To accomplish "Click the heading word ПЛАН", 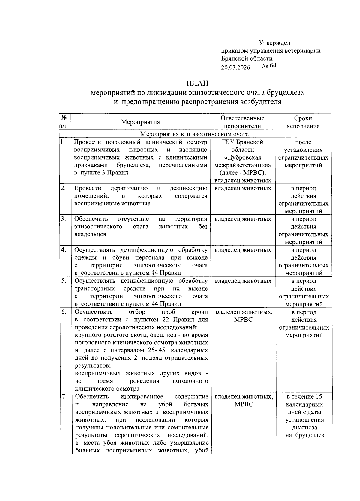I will [197, 83].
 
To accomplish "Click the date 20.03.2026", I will [236, 67].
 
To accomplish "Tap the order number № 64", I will [269, 66].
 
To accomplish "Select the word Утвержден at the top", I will [274, 43].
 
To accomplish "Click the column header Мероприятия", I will [140, 122].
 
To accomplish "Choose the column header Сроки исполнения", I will [303, 122].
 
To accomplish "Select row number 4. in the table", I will [64, 250].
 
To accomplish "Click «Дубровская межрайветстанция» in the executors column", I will [243, 161].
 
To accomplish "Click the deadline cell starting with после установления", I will [303, 154].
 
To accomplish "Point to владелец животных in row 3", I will [243, 219].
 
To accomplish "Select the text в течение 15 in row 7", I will [304, 397].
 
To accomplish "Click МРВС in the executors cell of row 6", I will [243, 320].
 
